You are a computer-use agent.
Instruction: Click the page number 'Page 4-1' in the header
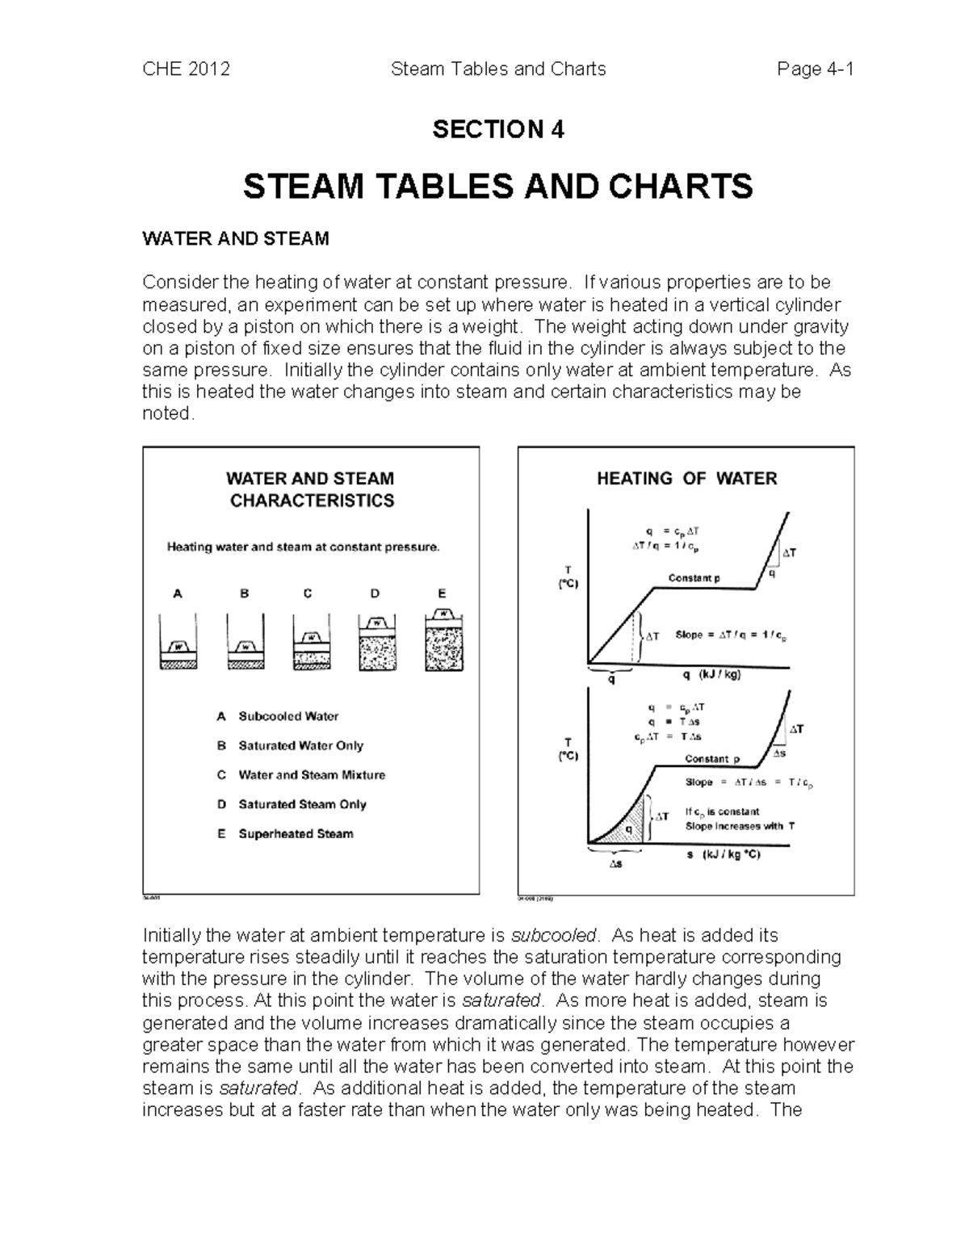815,69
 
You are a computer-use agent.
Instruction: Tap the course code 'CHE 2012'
187,69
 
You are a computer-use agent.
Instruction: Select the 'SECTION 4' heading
498,129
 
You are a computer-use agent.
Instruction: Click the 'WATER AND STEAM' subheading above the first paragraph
236,239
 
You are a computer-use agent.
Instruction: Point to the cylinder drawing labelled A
178,642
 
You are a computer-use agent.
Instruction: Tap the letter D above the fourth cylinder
375,593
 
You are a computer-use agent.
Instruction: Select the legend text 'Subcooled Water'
288,716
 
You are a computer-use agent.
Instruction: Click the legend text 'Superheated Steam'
296,834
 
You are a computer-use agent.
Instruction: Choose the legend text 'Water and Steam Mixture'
312,775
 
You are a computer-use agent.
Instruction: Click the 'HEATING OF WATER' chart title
686,479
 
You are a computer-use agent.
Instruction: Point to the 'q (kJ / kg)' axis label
711,675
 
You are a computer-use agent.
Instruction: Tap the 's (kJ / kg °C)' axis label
723,854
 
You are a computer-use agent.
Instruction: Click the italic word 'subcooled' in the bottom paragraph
555,936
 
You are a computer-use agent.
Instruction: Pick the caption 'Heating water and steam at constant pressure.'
304,547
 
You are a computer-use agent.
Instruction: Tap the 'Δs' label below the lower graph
615,864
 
